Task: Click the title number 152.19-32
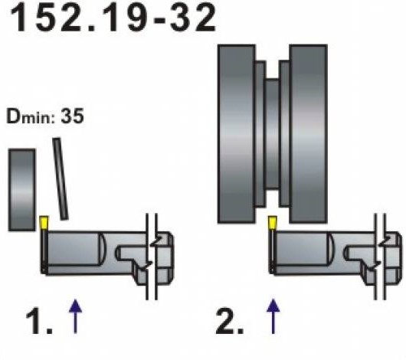point(113,18)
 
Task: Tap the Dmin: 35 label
point(45,116)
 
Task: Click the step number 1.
point(39,321)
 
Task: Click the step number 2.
point(229,321)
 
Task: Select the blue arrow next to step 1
point(75,316)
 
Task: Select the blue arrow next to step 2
point(273,316)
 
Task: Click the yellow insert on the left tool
point(44,223)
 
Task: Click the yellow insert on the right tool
point(273,223)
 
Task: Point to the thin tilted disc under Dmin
point(61,179)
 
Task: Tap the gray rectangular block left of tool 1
point(22,190)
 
